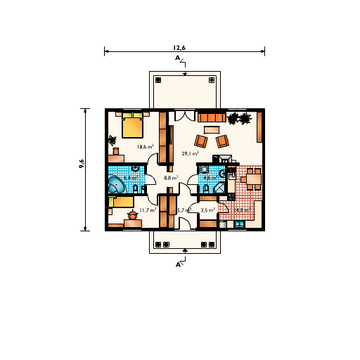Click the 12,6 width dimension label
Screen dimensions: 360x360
[x=184, y=47]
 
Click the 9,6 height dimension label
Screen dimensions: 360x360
[x=82, y=163]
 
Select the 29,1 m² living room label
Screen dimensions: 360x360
[x=190, y=153]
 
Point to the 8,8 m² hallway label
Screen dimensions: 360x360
[x=171, y=178]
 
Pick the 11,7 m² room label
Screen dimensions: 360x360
[x=148, y=210]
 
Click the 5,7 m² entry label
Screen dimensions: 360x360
[x=184, y=210]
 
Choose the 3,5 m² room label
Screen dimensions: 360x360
[x=208, y=210]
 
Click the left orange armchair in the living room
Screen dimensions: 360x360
[x=201, y=141]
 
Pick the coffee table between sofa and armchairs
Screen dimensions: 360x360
[x=212, y=129]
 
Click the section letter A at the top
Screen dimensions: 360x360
[x=178, y=58]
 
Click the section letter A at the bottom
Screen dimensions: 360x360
[x=178, y=265]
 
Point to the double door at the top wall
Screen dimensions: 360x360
[x=184, y=116]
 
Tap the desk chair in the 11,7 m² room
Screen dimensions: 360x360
[x=131, y=216]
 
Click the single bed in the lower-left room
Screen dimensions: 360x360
[x=123, y=202]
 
